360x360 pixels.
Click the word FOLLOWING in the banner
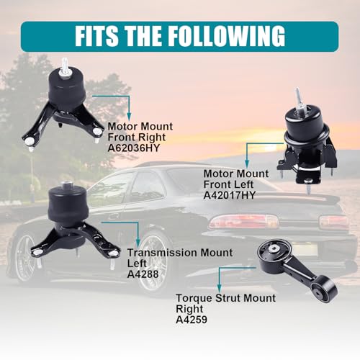tap(226, 36)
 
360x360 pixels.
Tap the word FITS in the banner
tap(96, 36)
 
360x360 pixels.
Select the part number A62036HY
tap(133, 148)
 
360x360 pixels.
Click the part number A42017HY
tap(229, 195)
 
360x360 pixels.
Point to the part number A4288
tap(143, 274)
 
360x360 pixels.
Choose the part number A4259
tap(192, 320)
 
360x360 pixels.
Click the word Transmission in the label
tap(162, 253)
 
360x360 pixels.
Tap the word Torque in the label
tap(194, 298)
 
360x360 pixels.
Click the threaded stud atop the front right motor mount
tap(65, 66)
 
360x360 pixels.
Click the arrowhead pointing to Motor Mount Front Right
tap(129, 117)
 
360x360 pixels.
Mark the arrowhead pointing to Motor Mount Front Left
tap(247, 163)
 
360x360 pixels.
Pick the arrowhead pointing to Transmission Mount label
tap(138, 243)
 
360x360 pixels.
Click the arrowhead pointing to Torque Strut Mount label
tap(219, 289)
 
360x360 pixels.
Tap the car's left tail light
tap(243, 222)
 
